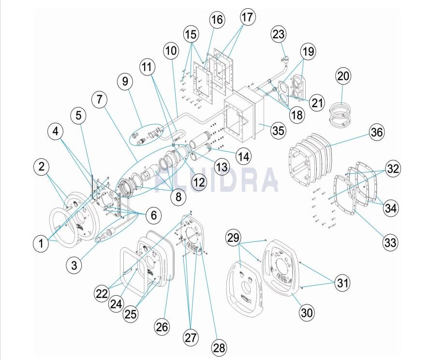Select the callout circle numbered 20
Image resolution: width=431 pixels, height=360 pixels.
[x=343, y=76]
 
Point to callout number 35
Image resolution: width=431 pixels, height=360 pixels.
[x=278, y=130]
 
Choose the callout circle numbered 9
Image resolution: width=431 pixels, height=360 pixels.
[x=125, y=82]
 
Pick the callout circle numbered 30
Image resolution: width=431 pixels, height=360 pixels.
[x=307, y=313]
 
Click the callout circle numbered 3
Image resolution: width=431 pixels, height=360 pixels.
[x=74, y=265]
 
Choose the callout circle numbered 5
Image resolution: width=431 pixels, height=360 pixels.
[x=79, y=116]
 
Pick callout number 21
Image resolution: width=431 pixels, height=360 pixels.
[x=317, y=103]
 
